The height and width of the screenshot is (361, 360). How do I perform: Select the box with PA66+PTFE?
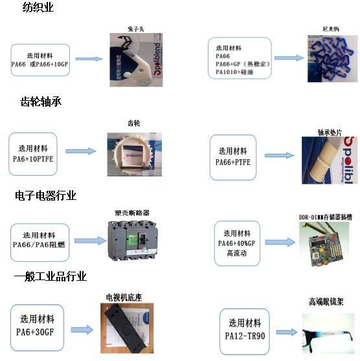pyautogui.click(x=233, y=157)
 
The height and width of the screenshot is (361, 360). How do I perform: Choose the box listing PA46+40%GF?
pyautogui.click(x=236, y=243)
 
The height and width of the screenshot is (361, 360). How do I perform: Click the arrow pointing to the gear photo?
pyautogui.click(x=82, y=152)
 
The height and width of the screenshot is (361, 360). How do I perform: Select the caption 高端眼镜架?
pyautogui.click(x=325, y=301)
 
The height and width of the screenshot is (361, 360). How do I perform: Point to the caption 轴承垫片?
pyautogui.click(x=329, y=132)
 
